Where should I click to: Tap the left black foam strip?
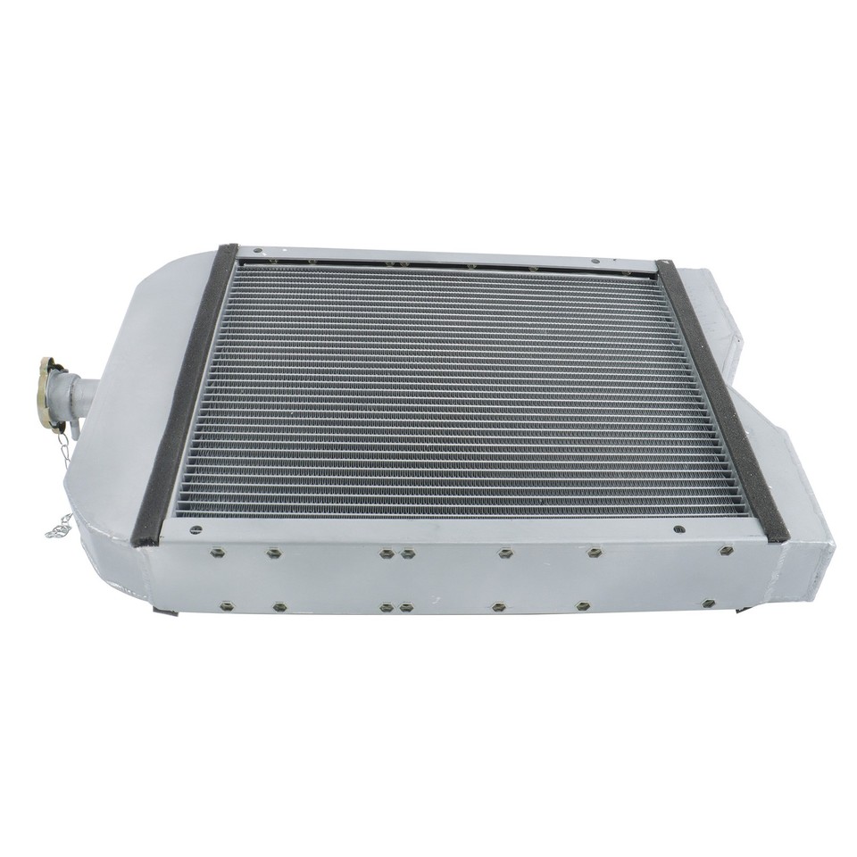185,393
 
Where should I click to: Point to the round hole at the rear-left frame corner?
255,251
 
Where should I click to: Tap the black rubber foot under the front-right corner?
743,611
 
